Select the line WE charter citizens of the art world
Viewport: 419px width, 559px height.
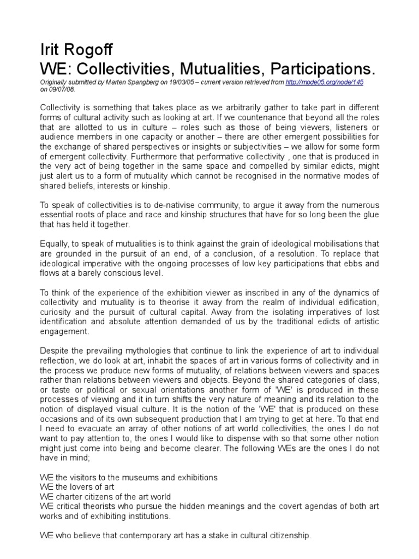click(105, 496)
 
